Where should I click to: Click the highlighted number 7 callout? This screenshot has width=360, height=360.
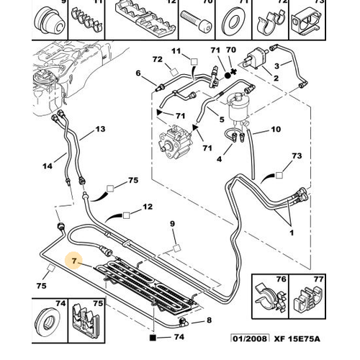pyautogui.click(x=74, y=261)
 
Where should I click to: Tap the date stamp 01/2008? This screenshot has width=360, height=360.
pyautogui.click(x=250, y=338)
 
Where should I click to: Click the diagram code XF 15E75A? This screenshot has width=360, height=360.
pyautogui.click(x=297, y=338)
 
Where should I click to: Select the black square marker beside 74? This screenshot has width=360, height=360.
pyautogui.click(x=153, y=338)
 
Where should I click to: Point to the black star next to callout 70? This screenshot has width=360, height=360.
pyautogui.click(x=233, y=71)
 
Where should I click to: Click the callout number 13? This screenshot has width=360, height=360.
pyautogui.click(x=100, y=129)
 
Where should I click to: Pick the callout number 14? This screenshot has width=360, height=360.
pyautogui.click(x=48, y=166)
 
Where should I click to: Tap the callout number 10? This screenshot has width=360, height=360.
pyautogui.click(x=276, y=130)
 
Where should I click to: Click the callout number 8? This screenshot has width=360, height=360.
pyautogui.click(x=210, y=320)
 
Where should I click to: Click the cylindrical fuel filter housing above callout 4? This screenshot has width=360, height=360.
pyautogui.click(x=238, y=106)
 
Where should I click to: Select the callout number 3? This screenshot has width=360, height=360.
pyautogui.click(x=276, y=66)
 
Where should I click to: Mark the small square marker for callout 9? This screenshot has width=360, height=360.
pyautogui.click(x=177, y=248)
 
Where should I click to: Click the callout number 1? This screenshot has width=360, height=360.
pyautogui.click(x=292, y=233)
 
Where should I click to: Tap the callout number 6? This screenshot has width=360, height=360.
pyautogui.click(x=138, y=73)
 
